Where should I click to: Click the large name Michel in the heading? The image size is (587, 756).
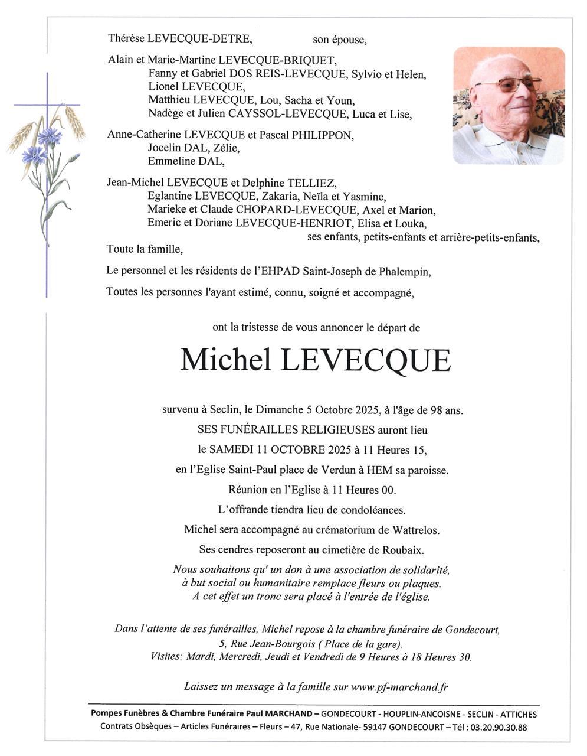pyautogui.click(x=225, y=360)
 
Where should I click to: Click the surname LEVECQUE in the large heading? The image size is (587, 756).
pyautogui.click(x=366, y=360)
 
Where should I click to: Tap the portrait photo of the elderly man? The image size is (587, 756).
pyautogui.click(x=509, y=105)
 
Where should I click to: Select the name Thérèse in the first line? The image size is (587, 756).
pyautogui.click(x=126, y=39)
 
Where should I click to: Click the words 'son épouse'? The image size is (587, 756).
pyautogui.click(x=339, y=40)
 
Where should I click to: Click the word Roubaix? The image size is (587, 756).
pyautogui.click(x=405, y=549)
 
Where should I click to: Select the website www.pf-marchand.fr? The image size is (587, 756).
pyautogui.click(x=399, y=686)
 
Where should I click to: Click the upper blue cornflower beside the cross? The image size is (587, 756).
pyautogui.click(x=50, y=135)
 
